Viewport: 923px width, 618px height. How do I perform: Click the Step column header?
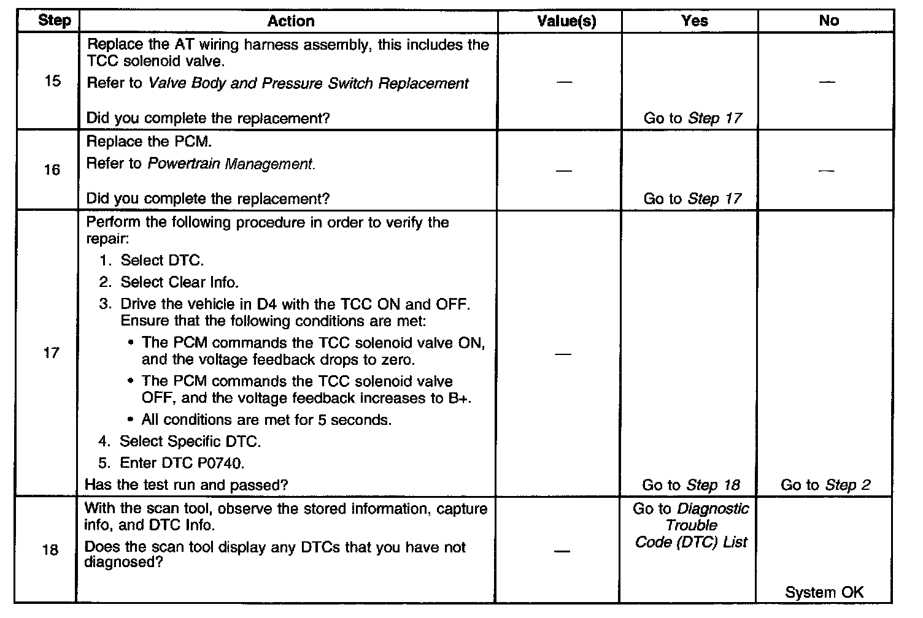click(54, 20)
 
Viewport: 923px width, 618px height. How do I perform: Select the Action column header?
click(291, 21)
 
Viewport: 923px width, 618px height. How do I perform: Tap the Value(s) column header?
click(566, 21)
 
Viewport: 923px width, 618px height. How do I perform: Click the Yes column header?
click(694, 21)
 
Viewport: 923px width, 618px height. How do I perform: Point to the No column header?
click(828, 21)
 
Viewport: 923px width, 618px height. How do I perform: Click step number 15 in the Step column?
click(53, 81)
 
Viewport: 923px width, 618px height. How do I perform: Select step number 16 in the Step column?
click(52, 170)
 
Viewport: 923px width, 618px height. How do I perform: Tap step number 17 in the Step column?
click(52, 353)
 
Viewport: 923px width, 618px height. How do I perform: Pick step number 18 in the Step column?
click(50, 550)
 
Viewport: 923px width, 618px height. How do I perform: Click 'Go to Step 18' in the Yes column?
click(691, 485)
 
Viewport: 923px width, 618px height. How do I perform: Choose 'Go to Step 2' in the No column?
click(825, 485)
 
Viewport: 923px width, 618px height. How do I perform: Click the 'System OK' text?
click(824, 592)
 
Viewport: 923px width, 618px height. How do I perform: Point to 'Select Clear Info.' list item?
click(179, 282)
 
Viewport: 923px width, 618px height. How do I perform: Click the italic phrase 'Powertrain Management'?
click(231, 164)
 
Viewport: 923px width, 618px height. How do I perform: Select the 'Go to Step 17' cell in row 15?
click(692, 118)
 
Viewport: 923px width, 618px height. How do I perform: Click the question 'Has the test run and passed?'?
click(187, 485)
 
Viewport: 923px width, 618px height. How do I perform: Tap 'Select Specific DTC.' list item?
click(190, 441)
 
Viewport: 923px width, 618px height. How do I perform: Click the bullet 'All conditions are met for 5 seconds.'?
click(266, 420)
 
